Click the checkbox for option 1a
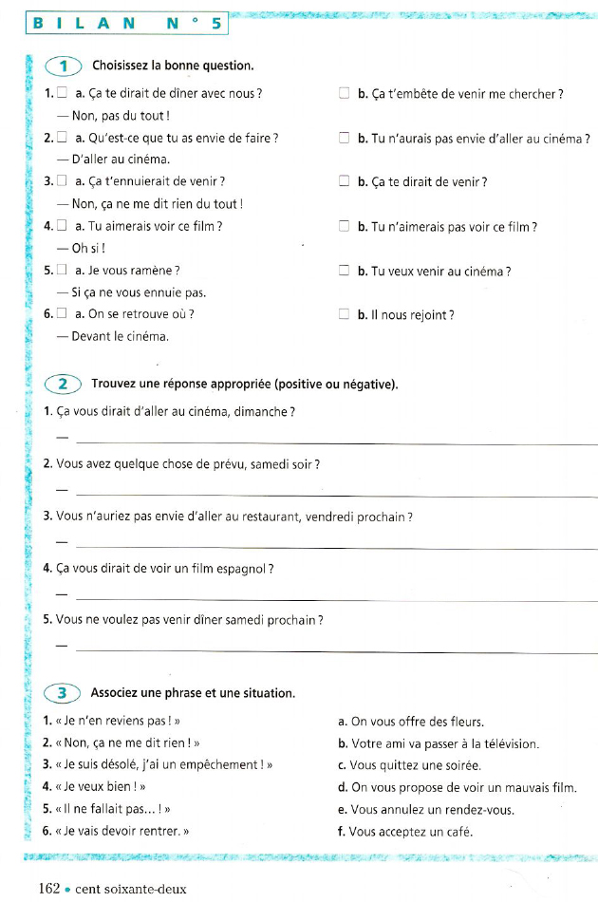click(x=62, y=93)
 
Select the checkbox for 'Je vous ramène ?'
click(x=62, y=271)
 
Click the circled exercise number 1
click(x=64, y=66)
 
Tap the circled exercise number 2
click(x=64, y=384)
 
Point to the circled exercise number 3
click(x=64, y=692)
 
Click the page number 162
click(x=49, y=889)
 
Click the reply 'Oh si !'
click(x=89, y=249)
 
